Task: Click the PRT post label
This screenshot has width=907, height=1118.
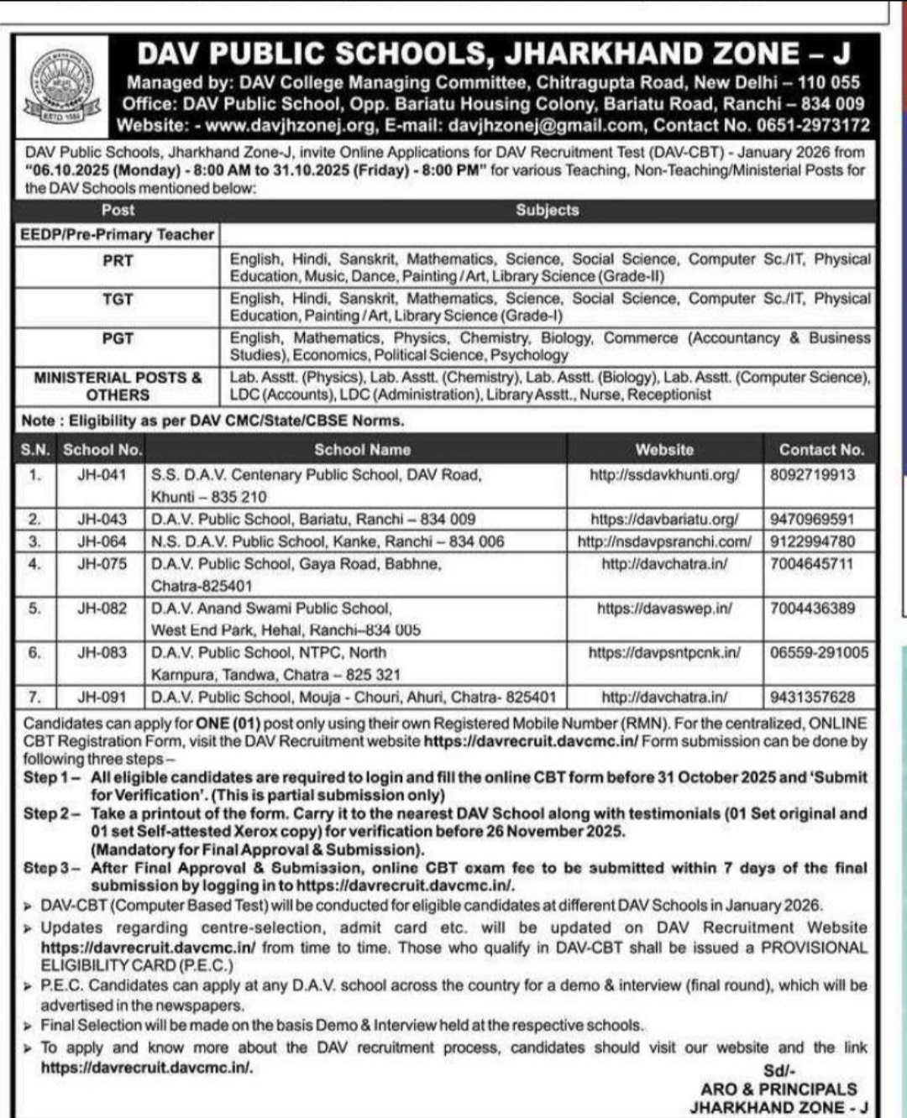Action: (x=118, y=260)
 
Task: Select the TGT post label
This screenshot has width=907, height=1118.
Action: (x=118, y=300)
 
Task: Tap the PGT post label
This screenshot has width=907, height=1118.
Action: (x=118, y=338)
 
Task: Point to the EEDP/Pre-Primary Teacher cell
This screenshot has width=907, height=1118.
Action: (x=118, y=234)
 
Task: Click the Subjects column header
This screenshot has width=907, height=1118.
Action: (x=547, y=210)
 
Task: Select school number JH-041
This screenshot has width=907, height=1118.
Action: (x=102, y=475)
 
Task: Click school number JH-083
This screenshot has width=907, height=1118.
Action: (x=102, y=653)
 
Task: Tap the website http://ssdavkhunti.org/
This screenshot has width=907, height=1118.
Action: (x=664, y=475)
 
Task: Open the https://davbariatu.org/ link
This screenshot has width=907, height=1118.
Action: (x=664, y=520)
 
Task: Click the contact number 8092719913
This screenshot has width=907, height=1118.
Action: (x=812, y=475)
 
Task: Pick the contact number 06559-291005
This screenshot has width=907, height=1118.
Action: (x=819, y=653)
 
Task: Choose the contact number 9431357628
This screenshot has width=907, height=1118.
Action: (x=812, y=697)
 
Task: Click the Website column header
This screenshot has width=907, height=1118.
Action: (x=664, y=450)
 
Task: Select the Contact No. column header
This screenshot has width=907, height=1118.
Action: (x=820, y=450)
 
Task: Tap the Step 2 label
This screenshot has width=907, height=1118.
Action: (x=51, y=813)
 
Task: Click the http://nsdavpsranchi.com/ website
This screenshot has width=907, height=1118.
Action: (x=664, y=542)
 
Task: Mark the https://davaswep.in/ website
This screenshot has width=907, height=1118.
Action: (x=664, y=609)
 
